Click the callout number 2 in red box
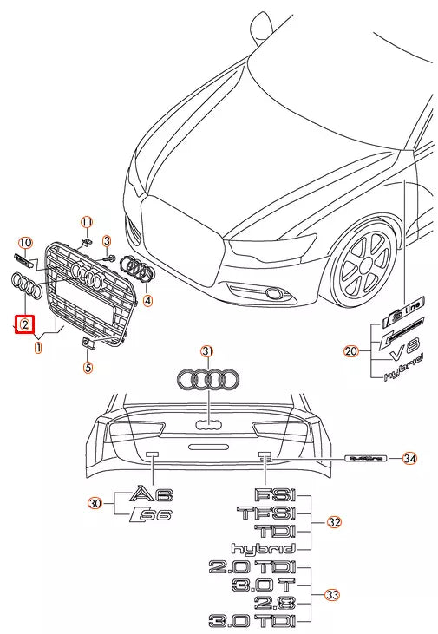(x=26, y=324)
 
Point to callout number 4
(x=147, y=301)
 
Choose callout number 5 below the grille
(x=87, y=367)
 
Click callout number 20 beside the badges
(x=350, y=351)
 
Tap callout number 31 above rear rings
(x=206, y=351)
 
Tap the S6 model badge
(x=154, y=516)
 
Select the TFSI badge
(x=266, y=513)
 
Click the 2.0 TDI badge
(x=252, y=568)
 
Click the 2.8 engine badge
(x=275, y=603)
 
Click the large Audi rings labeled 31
(x=207, y=379)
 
